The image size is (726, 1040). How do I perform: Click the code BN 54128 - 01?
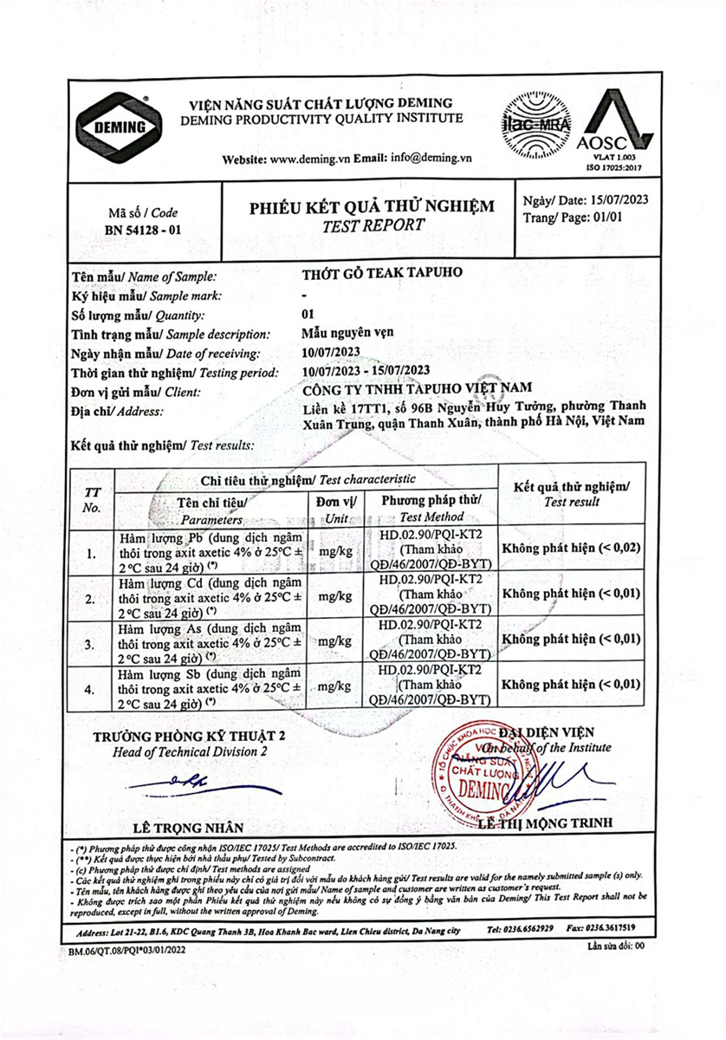(x=144, y=231)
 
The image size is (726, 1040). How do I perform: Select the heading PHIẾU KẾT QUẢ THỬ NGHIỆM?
(x=373, y=206)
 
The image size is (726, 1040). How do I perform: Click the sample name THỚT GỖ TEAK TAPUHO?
(x=381, y=272)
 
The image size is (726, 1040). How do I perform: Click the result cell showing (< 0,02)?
(x=571, y=548)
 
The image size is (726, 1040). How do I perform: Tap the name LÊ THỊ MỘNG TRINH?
(x=550, y=822)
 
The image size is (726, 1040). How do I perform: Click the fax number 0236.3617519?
(x=613, y=927)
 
